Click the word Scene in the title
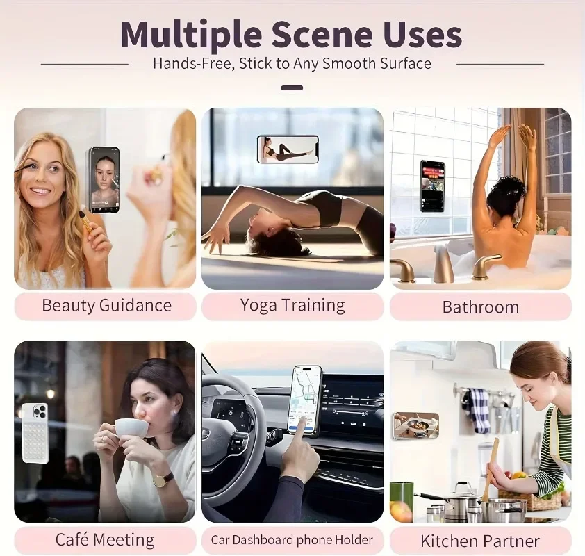(322, 34)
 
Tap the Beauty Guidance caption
(107, 305)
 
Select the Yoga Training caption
(292, 305)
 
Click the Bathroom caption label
(481, 307)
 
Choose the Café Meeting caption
(105, 539)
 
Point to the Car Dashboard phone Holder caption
(292, 540)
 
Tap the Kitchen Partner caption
(480, 541)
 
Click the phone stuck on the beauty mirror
(104, 180)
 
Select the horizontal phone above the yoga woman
(288, 149)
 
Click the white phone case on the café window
(35, 433)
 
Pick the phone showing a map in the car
(305, 401)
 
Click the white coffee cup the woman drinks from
(131, 428)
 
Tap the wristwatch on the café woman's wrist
(163, 481)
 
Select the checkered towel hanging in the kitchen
(479, 411)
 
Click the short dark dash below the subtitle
(292, 88)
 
